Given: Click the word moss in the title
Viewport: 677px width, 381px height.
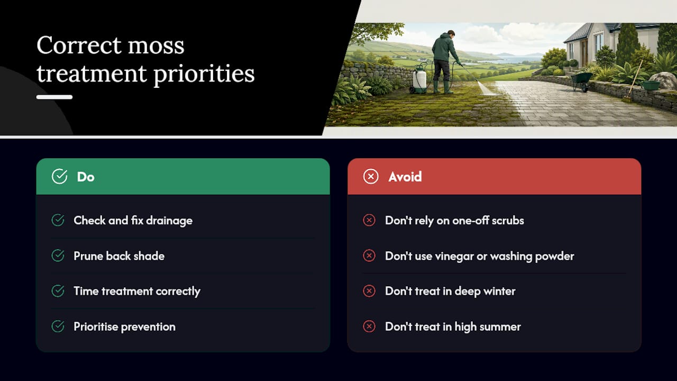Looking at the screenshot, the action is point(156,46).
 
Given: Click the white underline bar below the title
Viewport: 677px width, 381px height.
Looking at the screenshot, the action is point(54,97).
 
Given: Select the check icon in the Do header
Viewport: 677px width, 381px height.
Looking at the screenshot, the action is point(60,176).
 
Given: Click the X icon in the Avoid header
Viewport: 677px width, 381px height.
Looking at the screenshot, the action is point(371,177).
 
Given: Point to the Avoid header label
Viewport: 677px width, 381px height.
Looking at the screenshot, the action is point(405,177).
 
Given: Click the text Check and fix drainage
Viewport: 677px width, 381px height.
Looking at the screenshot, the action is point(133,221).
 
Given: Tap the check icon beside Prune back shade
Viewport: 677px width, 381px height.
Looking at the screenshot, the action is point(58,256).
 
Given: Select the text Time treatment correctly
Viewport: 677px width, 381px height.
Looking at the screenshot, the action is point(137,291).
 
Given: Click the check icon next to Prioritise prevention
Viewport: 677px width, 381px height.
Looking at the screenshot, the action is point(58,326).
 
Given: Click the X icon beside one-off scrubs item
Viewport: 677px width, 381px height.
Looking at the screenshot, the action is point(369,221).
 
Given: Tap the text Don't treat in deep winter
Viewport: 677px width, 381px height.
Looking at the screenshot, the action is point(450,291).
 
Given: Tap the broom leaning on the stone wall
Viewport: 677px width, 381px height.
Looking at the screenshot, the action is point(632,81).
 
